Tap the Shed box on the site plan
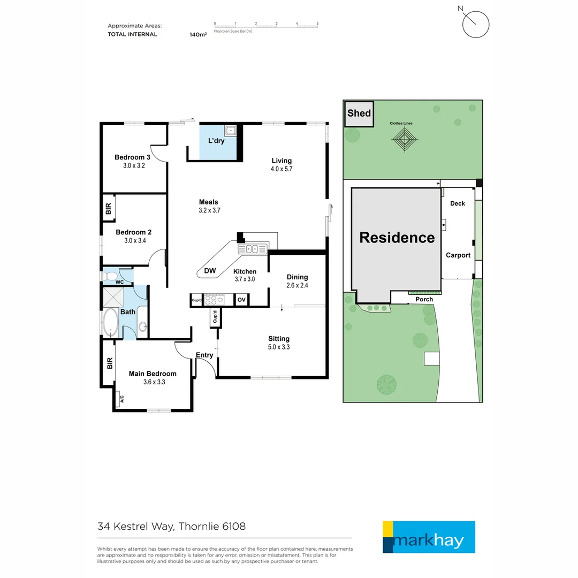pos(359,113)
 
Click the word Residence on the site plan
pos(397,238)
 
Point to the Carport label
pos(458,255)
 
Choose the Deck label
pos(458,203)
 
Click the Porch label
pos(424,299)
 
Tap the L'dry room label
pos(216,141)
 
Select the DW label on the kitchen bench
pos(210,271)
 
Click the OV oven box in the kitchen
pos(241,300)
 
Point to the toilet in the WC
pos(111,276)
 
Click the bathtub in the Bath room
pos(111,323)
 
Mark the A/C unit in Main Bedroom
pos(121,399)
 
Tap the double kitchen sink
pos(252,249)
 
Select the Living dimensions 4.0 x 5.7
pos(282,169)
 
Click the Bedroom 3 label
pos(132,157)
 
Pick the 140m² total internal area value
pos(198,34)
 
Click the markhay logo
pos(429,537)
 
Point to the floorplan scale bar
pos(266,25)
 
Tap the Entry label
pos(204,355)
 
